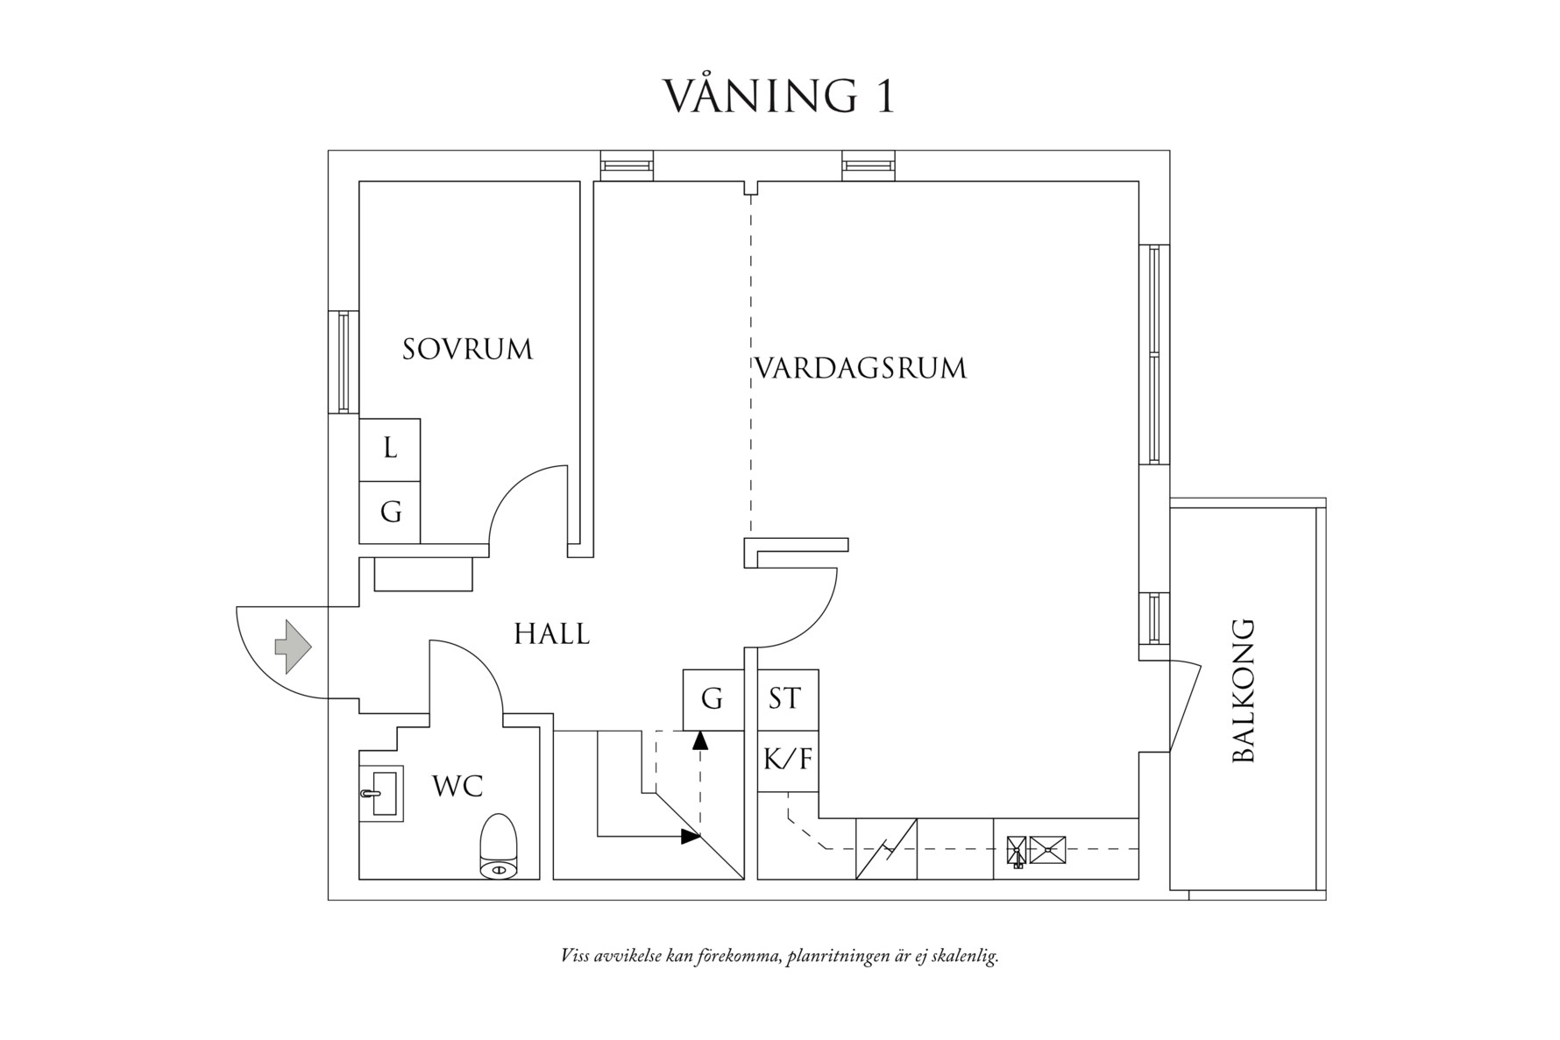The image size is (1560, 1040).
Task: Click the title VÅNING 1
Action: point(778,96)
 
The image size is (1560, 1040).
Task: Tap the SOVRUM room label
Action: point(467,350)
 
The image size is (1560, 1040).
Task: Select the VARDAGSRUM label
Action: point(860,368)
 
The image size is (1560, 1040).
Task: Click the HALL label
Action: point(551,633)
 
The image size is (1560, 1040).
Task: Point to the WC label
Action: point(457,787)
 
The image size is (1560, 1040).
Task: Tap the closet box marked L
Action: point(390,449)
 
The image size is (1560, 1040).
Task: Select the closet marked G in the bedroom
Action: point(390,512)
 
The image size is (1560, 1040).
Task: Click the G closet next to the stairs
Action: point(713,699)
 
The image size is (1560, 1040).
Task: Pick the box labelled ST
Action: point(786,699)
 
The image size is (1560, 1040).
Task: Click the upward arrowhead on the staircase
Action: point(699,740)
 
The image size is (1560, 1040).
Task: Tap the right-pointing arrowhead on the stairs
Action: point(691,837)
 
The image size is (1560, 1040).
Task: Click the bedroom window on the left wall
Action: point(344,362)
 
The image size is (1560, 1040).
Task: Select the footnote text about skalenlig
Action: point(779,955)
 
